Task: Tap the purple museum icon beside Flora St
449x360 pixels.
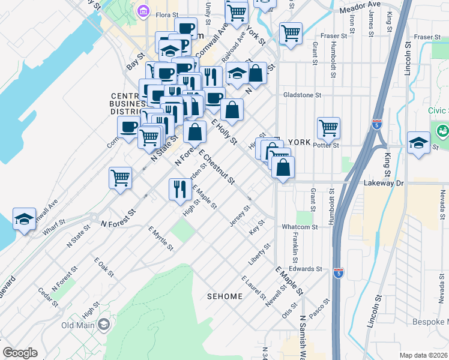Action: (143, 10)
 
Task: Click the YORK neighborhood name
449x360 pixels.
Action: (299, 142)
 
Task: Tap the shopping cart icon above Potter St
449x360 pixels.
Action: (328, 127)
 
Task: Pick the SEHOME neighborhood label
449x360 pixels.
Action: (224, 296)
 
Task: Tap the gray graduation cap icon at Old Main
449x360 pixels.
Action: (103, 325)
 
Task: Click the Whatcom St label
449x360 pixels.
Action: (300, 227)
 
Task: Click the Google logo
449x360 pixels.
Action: (20, 352)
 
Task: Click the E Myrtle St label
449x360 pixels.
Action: (160, 238)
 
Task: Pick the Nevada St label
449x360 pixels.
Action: (442, 204)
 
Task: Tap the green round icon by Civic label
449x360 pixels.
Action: (443, 130)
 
